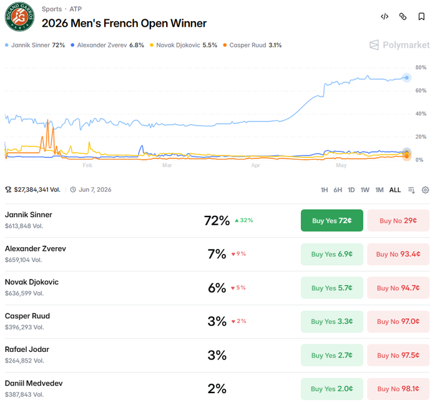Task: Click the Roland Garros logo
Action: tap(20, 17)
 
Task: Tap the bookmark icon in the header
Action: tap(421, 16)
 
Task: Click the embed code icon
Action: tap(385, 16)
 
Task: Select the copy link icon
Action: tap(403, 16)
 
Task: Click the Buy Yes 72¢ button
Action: tap(331, 220)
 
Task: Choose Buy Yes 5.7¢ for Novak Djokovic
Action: tap(331, 288)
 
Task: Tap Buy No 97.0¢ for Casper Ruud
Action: tap(398, 321)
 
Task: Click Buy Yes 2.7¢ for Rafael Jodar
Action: tap(331, 355)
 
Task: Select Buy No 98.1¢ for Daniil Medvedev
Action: tap(398, 389)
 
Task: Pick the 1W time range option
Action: tap(365, 190)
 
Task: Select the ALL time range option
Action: tap(395, 190)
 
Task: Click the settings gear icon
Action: tap(425, 190)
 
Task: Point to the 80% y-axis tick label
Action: tap(421, 67)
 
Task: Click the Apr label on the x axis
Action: tap(255, 165)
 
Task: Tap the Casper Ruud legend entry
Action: tap(252, 45)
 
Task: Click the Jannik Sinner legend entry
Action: tap(35, 45)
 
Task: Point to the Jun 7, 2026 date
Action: tap(95, 190)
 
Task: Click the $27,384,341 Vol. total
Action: tap(37, 190)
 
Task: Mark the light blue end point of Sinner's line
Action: tap(406, 78)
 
